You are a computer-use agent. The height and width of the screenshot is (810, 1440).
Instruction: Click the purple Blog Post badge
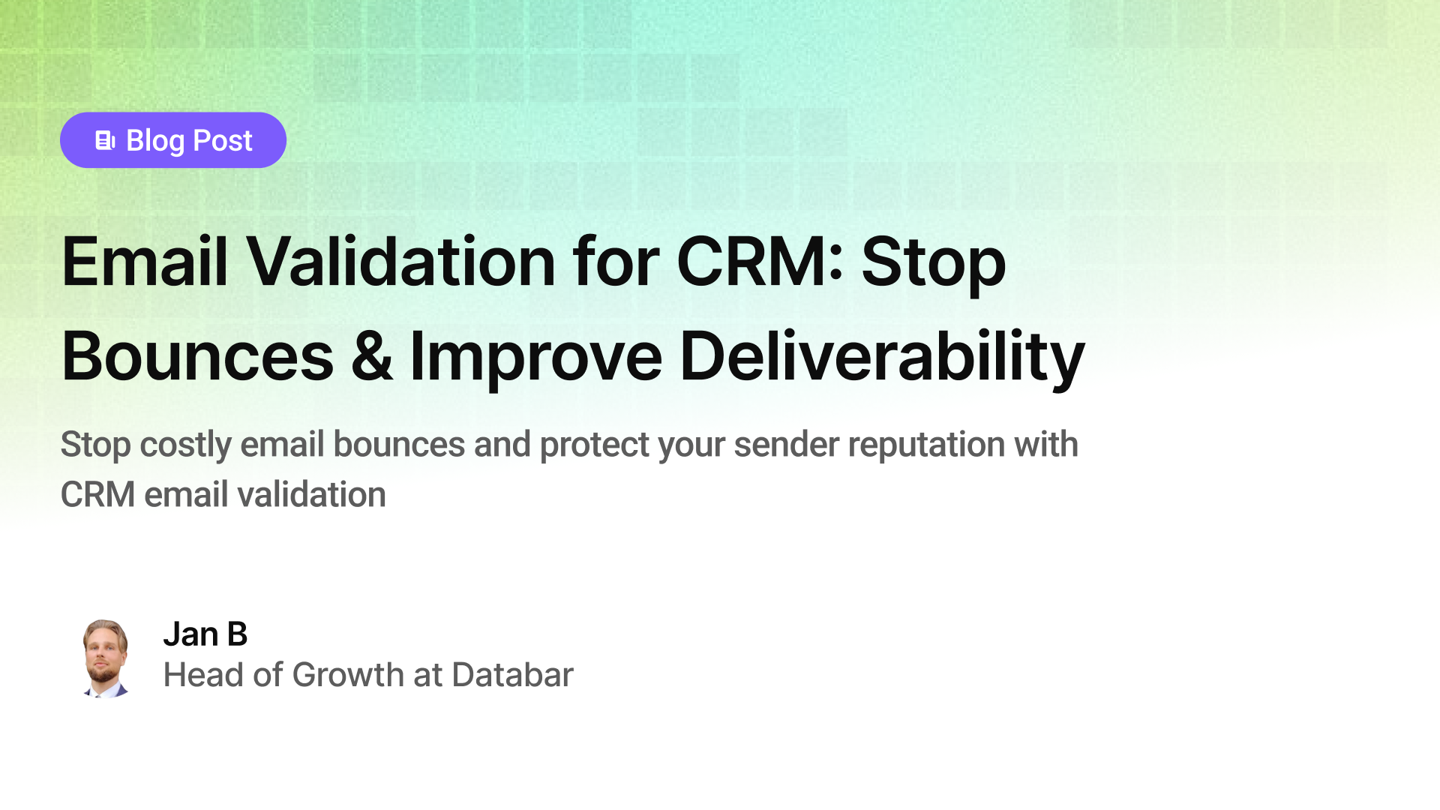172,140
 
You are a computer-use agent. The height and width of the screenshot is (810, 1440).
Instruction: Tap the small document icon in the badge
105,140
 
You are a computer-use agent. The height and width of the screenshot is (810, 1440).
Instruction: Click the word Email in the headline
144,262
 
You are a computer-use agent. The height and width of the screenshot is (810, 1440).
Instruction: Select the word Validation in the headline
400,262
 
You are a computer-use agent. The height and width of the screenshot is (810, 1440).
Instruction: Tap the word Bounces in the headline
197,357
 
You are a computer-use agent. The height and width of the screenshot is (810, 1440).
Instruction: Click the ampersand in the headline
371,357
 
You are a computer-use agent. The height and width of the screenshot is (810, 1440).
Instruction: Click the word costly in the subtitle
185,445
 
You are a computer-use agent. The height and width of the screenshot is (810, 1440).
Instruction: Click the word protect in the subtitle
594,445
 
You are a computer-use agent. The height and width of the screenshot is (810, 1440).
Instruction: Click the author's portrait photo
105,658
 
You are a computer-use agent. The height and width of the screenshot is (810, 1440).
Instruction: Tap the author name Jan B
205,634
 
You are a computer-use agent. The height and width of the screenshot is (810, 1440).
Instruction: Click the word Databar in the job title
512,675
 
